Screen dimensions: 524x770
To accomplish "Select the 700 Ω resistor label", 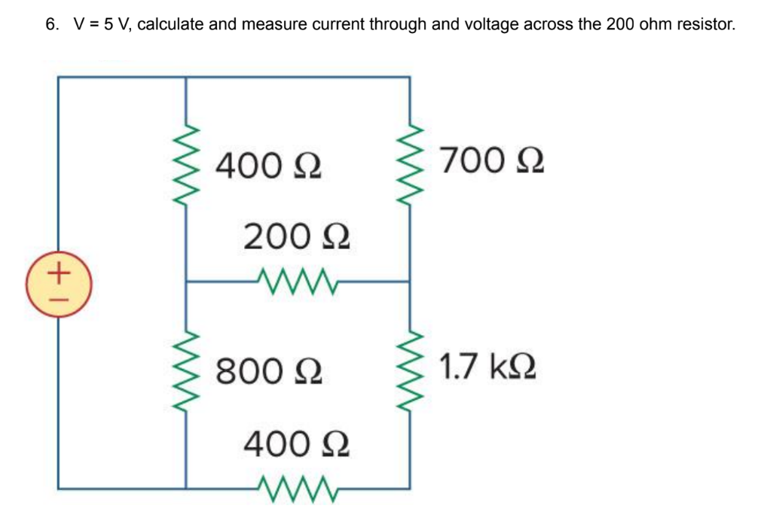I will click(x=492, y=160).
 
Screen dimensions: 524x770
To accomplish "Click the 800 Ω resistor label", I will click(x=269, y=370).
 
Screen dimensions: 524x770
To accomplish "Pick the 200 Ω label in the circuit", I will click(x=297, y=239).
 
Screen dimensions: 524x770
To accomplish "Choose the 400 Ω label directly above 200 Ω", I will click(x=269, y=164).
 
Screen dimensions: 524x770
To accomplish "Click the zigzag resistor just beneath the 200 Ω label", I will click(x=297, y=282).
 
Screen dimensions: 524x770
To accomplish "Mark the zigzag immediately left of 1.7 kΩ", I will click(x=409, y=371).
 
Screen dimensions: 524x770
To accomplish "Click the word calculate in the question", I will click(x=171, y=24).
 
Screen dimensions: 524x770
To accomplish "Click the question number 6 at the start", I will click(x=50, y=24).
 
